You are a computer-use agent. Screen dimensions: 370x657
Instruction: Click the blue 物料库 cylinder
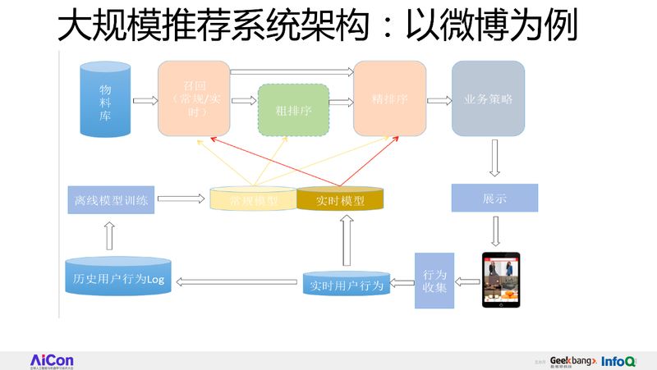point(104,100)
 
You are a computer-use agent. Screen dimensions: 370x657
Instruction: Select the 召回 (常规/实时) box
point(194,99)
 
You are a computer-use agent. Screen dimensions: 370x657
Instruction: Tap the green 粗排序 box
point(293,110)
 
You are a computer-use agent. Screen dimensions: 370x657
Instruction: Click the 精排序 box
point(389,99)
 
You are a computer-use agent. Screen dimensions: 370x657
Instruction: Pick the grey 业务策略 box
point(488,99)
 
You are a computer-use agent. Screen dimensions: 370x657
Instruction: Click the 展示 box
point(494,199)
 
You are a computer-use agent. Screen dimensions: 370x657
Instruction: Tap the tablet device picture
point(502,279)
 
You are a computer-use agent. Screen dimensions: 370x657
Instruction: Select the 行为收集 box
point(434,280)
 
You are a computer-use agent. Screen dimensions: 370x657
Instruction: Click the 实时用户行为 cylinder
point(345,284)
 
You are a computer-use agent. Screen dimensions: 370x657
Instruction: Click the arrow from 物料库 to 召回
point(145,101)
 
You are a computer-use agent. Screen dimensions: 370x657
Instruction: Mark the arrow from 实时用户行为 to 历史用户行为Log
point(237,282)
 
